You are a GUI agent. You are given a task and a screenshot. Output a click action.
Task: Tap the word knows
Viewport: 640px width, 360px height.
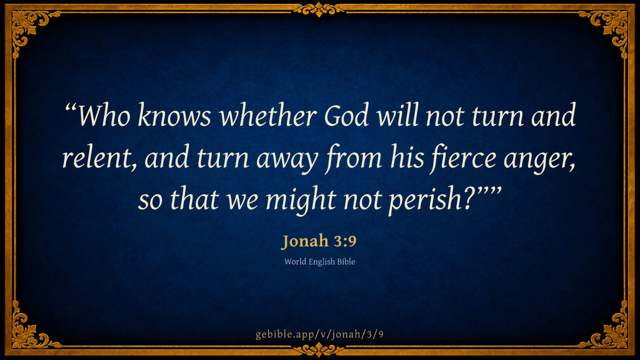coord(174,115)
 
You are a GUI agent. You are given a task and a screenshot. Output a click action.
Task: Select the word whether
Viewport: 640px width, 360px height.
coord(268,115)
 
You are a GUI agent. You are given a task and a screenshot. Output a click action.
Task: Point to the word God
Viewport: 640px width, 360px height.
coord(346,115)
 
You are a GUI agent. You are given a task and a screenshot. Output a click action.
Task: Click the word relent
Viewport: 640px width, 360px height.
coord(97,157)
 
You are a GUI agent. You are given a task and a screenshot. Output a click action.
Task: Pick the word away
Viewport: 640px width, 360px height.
coord(287,160)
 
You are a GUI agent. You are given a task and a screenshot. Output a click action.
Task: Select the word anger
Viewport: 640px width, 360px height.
coord(539,160)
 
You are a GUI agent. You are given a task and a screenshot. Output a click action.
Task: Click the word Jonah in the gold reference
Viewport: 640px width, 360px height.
coord(305,241)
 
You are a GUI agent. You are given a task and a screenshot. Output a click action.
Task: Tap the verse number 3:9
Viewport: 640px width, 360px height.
coord(345,241)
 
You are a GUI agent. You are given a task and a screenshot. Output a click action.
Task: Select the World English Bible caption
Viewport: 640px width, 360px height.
coord(319,262)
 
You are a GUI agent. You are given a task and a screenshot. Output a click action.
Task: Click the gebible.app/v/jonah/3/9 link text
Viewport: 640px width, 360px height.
coord(319,334)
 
